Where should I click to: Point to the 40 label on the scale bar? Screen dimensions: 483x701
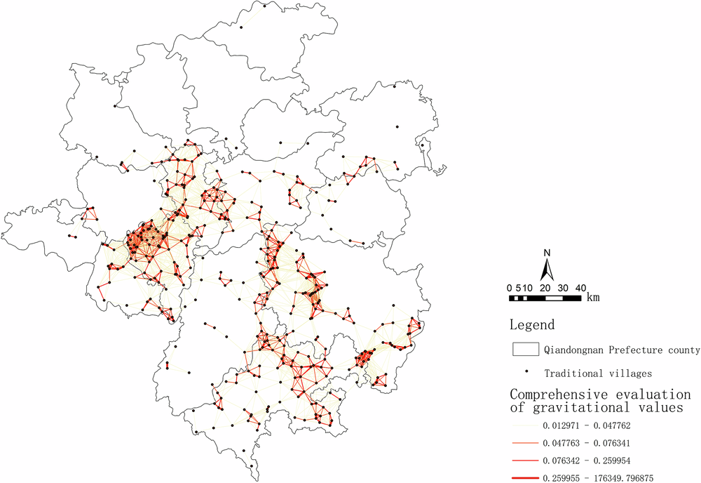[x=580, y=288]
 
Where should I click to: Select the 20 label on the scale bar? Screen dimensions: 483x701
[x=545, y=288]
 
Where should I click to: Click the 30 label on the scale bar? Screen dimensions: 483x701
[x=562, y=288]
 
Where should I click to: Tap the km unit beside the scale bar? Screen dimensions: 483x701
[x=593, y=298]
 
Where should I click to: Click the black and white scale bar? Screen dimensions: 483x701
[x=545, y=298]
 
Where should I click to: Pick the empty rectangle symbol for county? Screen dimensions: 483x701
[x=525, y=350]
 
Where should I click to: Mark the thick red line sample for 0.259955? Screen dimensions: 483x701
[x=524, y=478]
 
